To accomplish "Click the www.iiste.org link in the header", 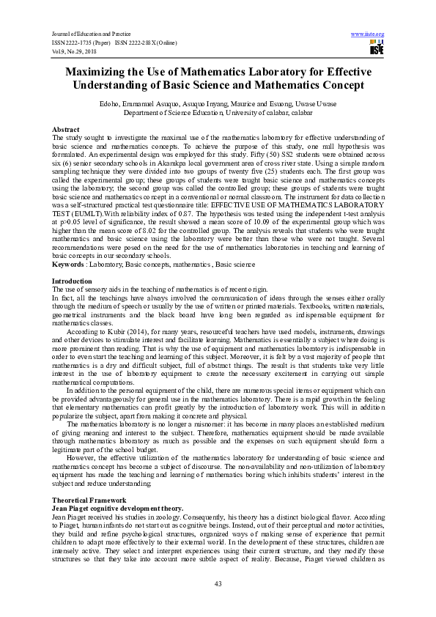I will click(x=368, y=34).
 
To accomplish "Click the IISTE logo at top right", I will click(x=376, y=48).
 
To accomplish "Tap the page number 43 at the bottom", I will click(x=218, y=583).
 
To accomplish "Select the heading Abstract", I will click(x=66, y=129).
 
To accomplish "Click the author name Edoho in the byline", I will click(x=119, y=106).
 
